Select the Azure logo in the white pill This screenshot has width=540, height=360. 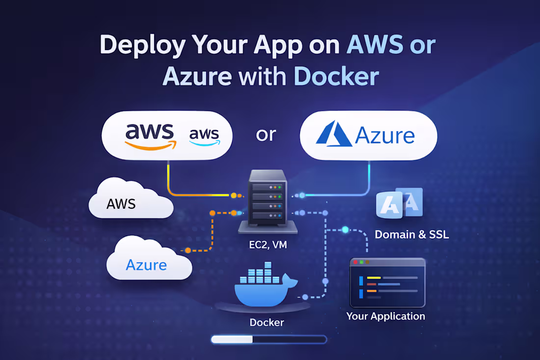(368, 135)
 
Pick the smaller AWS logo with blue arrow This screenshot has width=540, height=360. (204, 135)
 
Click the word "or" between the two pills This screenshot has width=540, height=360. (266, 134)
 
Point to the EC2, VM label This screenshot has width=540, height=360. (268, 244)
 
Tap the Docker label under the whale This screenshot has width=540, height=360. (267, 323)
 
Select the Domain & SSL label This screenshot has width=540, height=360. (411, 234)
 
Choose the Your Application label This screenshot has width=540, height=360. (385, 316)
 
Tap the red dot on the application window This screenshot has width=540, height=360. (355, 262)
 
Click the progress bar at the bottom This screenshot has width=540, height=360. (268, 339)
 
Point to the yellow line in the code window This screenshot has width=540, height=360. (374, 278)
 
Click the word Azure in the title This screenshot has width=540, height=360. (197, 77)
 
